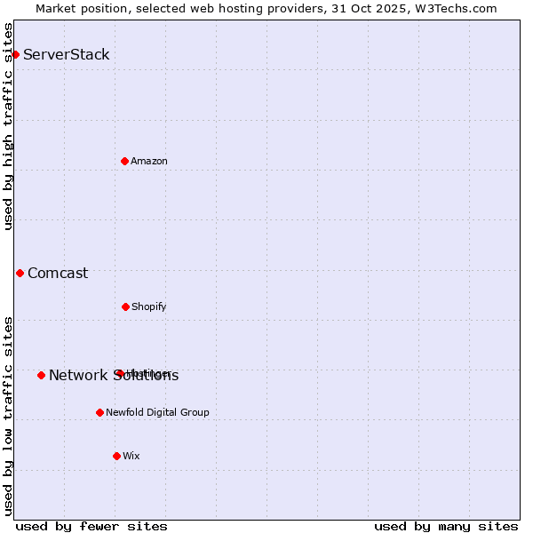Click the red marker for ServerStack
pos(15,55)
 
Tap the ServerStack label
pos(67,55)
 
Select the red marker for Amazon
pos(124,161)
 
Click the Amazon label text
pos(149,161)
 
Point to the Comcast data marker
pos(20,273)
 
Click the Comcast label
pos(58,274)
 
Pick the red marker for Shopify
pos(125,306)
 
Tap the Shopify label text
pos(149,307)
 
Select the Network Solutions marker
pos(41,375)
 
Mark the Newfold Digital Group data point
pos(99,412)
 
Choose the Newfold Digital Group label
pos(158,412)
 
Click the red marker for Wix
pos(116,456)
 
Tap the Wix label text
pos(131,456)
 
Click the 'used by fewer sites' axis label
pos(91,526)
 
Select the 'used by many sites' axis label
pos(446,526)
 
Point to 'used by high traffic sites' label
pos(8,126)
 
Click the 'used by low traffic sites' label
pos(8,415)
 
